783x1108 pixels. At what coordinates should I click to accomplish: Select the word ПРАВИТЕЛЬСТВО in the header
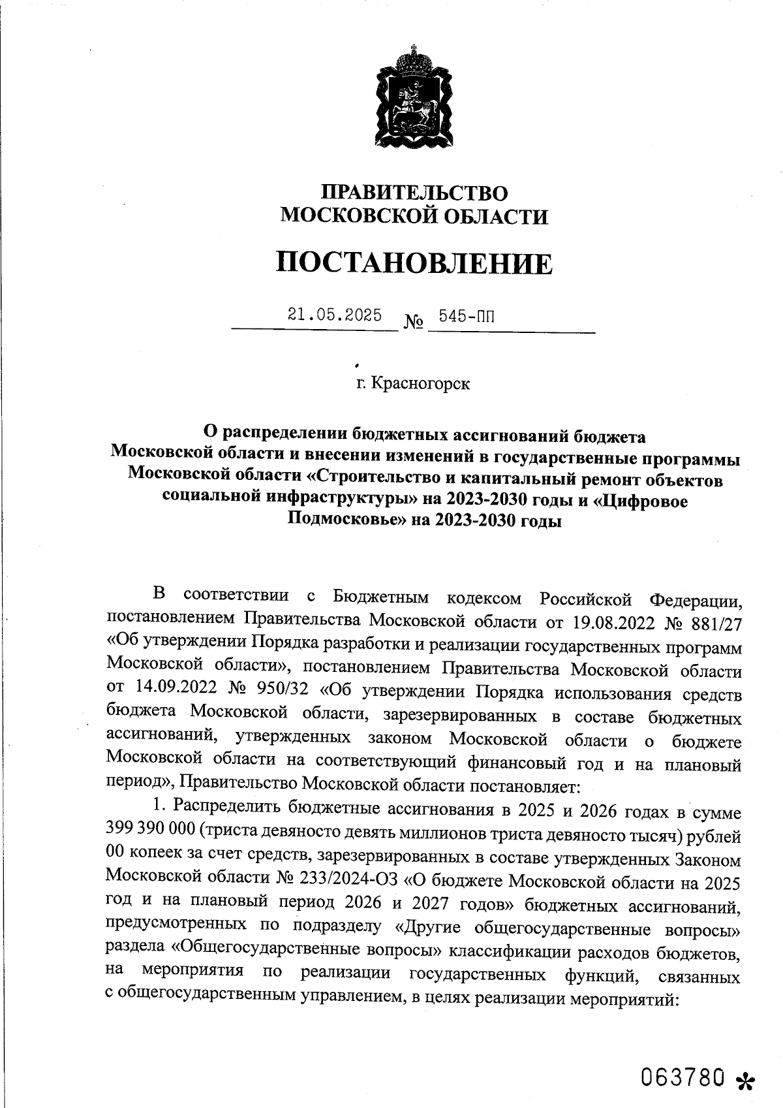click(415, 193)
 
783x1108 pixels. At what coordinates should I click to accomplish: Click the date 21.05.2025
click(335, 316)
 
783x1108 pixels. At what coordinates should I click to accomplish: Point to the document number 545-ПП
click(467, 317)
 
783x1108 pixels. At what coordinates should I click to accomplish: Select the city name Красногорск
click(420, 383)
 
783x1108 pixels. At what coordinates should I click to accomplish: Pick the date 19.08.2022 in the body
click(613, 622)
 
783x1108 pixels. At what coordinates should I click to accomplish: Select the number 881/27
click(716, 622)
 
